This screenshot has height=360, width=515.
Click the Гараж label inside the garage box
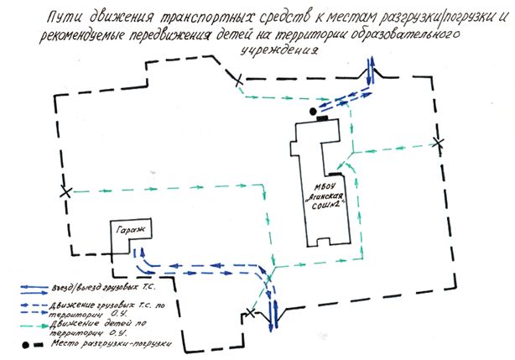123,231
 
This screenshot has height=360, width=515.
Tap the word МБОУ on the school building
323,175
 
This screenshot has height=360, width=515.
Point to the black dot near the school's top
312,111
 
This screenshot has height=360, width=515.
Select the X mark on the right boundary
436,142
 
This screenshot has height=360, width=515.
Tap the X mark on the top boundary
239,81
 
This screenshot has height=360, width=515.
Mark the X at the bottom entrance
249,314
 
